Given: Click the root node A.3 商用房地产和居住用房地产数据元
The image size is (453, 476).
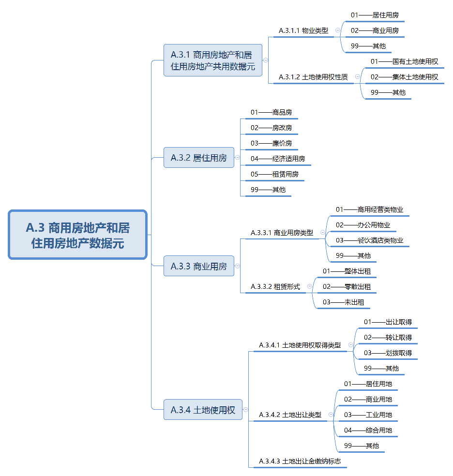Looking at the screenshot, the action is tap(78, 235).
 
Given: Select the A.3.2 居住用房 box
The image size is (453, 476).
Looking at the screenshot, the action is tap(199, 158).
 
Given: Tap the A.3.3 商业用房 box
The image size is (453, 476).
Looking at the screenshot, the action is tap(199, 266).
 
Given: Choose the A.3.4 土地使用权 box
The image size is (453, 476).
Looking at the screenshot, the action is tap(203, 410).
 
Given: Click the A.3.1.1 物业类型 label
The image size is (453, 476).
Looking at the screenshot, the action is tap(303, 30).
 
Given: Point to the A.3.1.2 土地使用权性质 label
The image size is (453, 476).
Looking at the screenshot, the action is tap(313, 77).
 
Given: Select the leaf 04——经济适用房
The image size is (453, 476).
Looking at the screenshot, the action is tap(278, 159).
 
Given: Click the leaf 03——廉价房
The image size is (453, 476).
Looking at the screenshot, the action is tap(271, 143).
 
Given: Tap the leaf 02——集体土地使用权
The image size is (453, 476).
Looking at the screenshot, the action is tap(405, 77).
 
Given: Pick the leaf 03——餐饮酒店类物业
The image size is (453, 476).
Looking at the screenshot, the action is tap(369, 240).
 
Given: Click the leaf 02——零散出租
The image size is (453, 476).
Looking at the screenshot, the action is tap(347, 287).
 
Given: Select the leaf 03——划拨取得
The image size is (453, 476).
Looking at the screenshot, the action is tap(388, 353).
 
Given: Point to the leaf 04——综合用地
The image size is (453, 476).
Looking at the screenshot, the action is tap(368, 430).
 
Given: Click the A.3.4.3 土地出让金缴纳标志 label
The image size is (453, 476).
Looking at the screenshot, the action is tap(300, 461).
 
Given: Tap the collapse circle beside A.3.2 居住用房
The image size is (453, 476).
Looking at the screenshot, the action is tap(238, 157).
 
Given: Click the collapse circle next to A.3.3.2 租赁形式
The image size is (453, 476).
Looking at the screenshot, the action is tap(309, 286).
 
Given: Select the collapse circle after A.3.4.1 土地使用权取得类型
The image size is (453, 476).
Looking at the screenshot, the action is tap(351, 345).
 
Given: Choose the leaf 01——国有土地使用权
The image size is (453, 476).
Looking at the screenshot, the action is tap(405, 61).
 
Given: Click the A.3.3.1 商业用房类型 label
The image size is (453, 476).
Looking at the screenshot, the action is tap(282, 233).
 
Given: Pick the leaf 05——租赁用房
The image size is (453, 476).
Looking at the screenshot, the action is tap(274, 174).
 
